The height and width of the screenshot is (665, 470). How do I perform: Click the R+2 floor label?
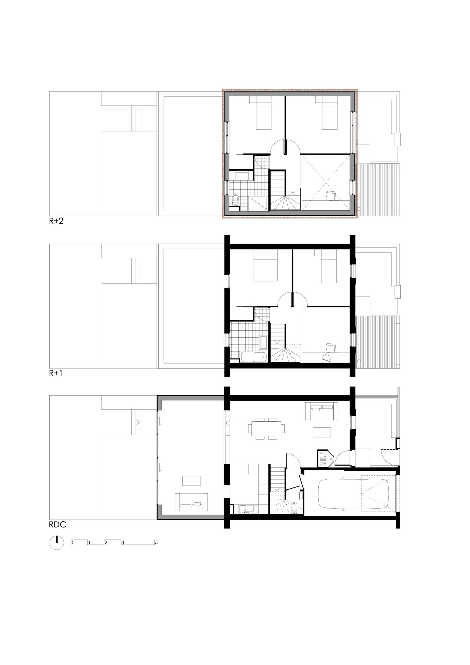coord(56,221)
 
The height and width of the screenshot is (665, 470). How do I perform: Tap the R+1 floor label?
coord(56,373)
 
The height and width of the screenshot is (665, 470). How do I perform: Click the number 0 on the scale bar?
coord(72,542)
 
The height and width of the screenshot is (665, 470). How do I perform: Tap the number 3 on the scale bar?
coord(123,542)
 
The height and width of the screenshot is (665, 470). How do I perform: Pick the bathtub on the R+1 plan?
coord(254,357)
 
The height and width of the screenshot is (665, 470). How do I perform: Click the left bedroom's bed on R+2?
coord(264,113)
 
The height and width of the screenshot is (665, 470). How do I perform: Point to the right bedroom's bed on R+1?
coord(330,266)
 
